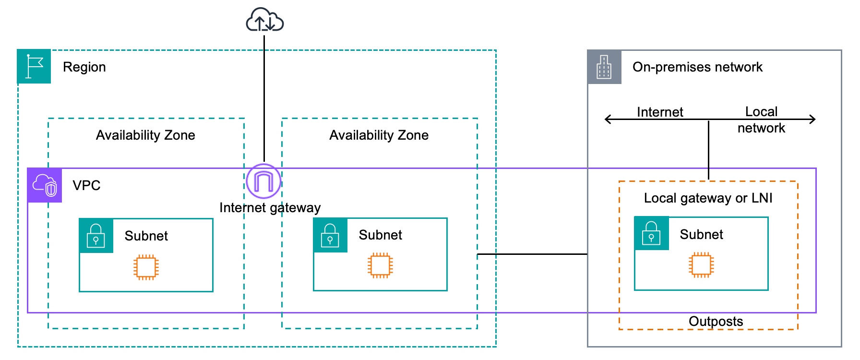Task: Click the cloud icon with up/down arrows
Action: (264, 20)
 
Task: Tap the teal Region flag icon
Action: (34, 66)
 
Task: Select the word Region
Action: (84, 67)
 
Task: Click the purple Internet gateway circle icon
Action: (263, 181)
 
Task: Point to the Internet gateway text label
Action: (270, 208)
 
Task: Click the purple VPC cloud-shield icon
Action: (45, 185)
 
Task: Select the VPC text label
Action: (86, 186)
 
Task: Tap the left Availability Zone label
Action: (145, 135)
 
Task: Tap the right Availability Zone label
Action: (379, 135)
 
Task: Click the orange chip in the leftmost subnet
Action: (146, 267)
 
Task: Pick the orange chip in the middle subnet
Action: (380, 265)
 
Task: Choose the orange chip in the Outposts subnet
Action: (701, 264)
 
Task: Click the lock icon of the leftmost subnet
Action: (96, 236)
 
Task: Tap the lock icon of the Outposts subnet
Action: (651, 233)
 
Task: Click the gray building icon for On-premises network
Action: (604, 67)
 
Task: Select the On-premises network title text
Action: (697, 67)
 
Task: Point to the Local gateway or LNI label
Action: (708, 198)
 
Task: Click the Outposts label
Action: (716, 322)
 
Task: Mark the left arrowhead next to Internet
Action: (608, 119)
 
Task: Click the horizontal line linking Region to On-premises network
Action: (532, 254)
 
